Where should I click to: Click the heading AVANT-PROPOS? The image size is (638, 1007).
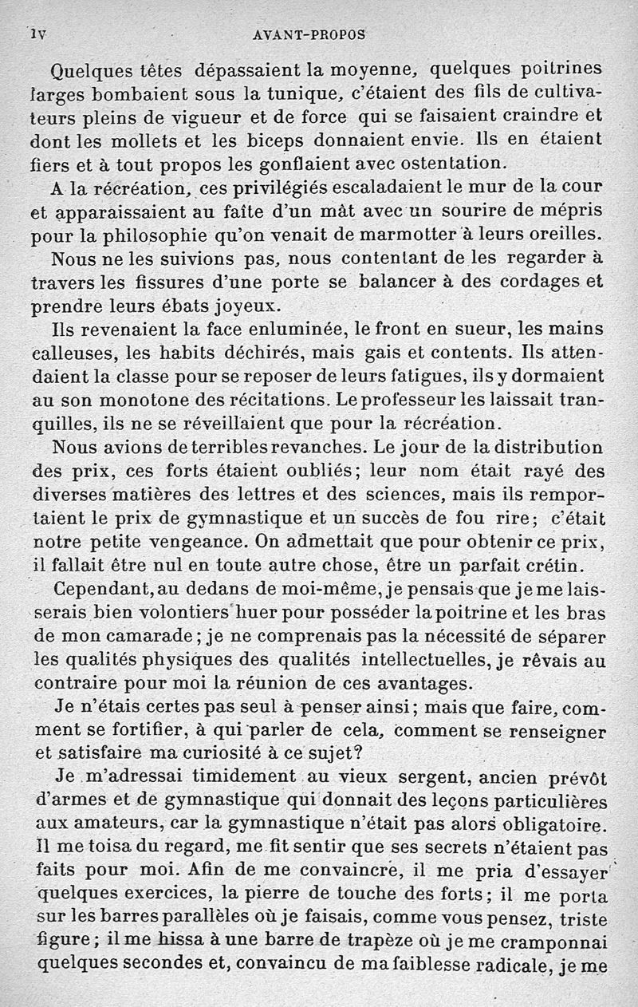pos(308,35)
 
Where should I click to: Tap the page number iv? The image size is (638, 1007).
pos(38,34)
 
